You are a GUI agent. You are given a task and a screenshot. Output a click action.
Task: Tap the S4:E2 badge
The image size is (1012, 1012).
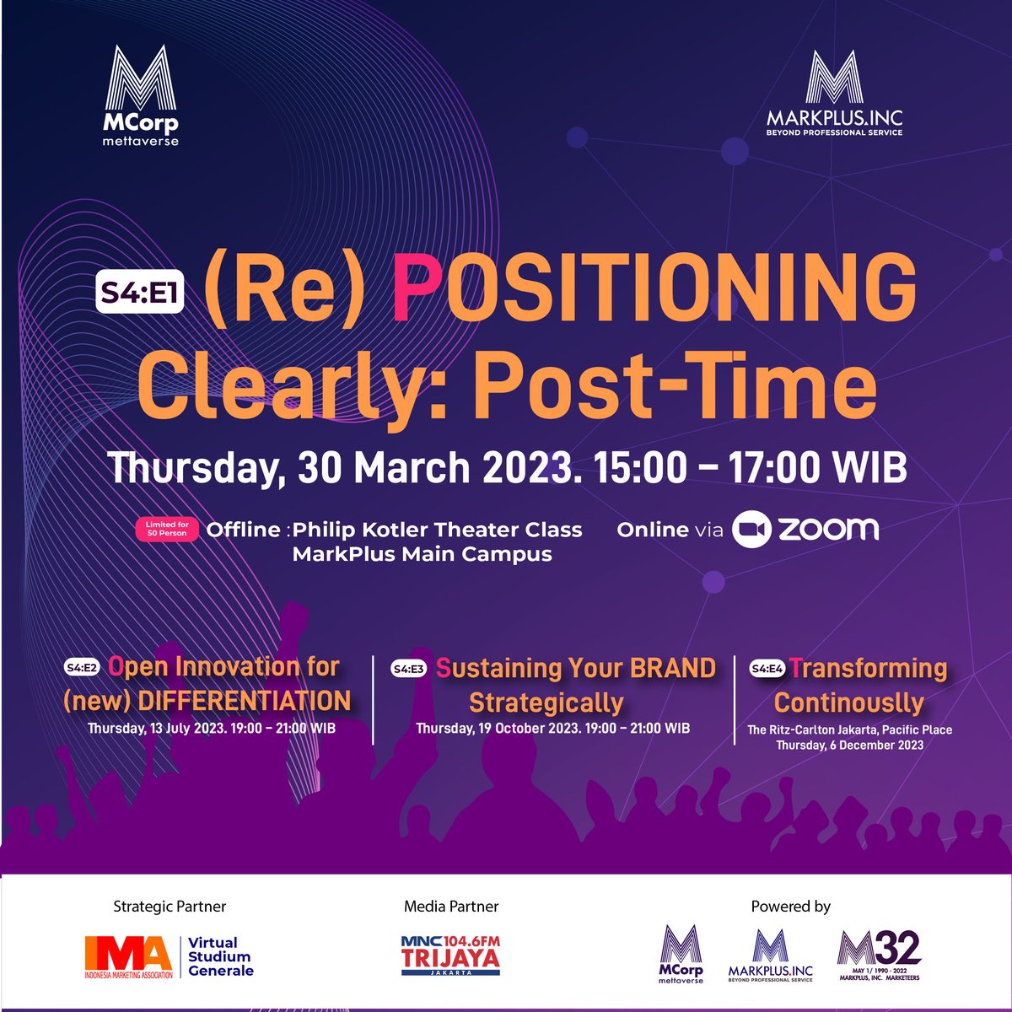click(82, 668)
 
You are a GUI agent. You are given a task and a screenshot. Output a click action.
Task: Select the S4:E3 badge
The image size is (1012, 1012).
click(409, 670)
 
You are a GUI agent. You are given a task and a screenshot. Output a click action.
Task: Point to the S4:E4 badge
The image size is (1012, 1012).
click(767, 669)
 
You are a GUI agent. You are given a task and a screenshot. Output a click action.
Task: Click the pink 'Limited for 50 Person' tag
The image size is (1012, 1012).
click(166, 529)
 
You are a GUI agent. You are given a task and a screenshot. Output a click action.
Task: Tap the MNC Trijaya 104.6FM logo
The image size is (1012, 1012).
click(451, 955)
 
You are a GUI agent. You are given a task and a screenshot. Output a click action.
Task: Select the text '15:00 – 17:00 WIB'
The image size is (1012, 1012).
click(751, 468)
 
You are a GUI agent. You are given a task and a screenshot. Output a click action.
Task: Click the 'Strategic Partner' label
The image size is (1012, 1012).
click(170, 907)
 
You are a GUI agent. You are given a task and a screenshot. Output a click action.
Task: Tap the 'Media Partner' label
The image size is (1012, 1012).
click(451, 907)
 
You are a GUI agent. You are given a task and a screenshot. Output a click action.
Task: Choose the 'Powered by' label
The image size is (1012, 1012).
click(790, 907)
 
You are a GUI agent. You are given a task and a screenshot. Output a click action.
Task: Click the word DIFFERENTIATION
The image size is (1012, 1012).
click(244, 701)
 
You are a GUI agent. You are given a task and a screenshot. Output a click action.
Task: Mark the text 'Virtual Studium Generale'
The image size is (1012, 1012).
click(219, 956)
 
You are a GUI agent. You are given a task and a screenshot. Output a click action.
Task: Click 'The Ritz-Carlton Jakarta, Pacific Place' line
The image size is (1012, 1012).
click(849, 729)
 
